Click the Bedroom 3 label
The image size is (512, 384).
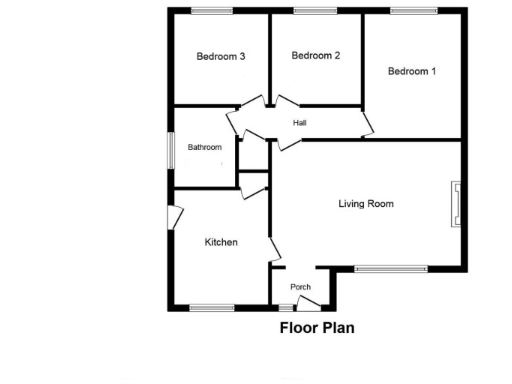[x=221, y=57]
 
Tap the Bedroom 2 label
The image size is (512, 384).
[x=316, y=56]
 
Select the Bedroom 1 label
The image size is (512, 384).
[x=412, y=71]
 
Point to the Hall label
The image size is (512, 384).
[x=299, y=123]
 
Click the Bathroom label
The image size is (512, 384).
[x=205, y=147]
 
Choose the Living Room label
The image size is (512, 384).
[x=366, y=204]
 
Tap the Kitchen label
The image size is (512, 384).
[x=221, y=242]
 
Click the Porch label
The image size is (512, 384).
[x=300, y=287]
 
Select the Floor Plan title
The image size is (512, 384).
[x=317, y=327]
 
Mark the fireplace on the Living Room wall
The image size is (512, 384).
[x=457, y=203]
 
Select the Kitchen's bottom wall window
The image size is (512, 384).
[x=210, y=307]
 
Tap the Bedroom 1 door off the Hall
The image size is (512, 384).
[x=368, y=125]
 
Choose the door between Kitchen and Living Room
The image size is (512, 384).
[x=274, y=251]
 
